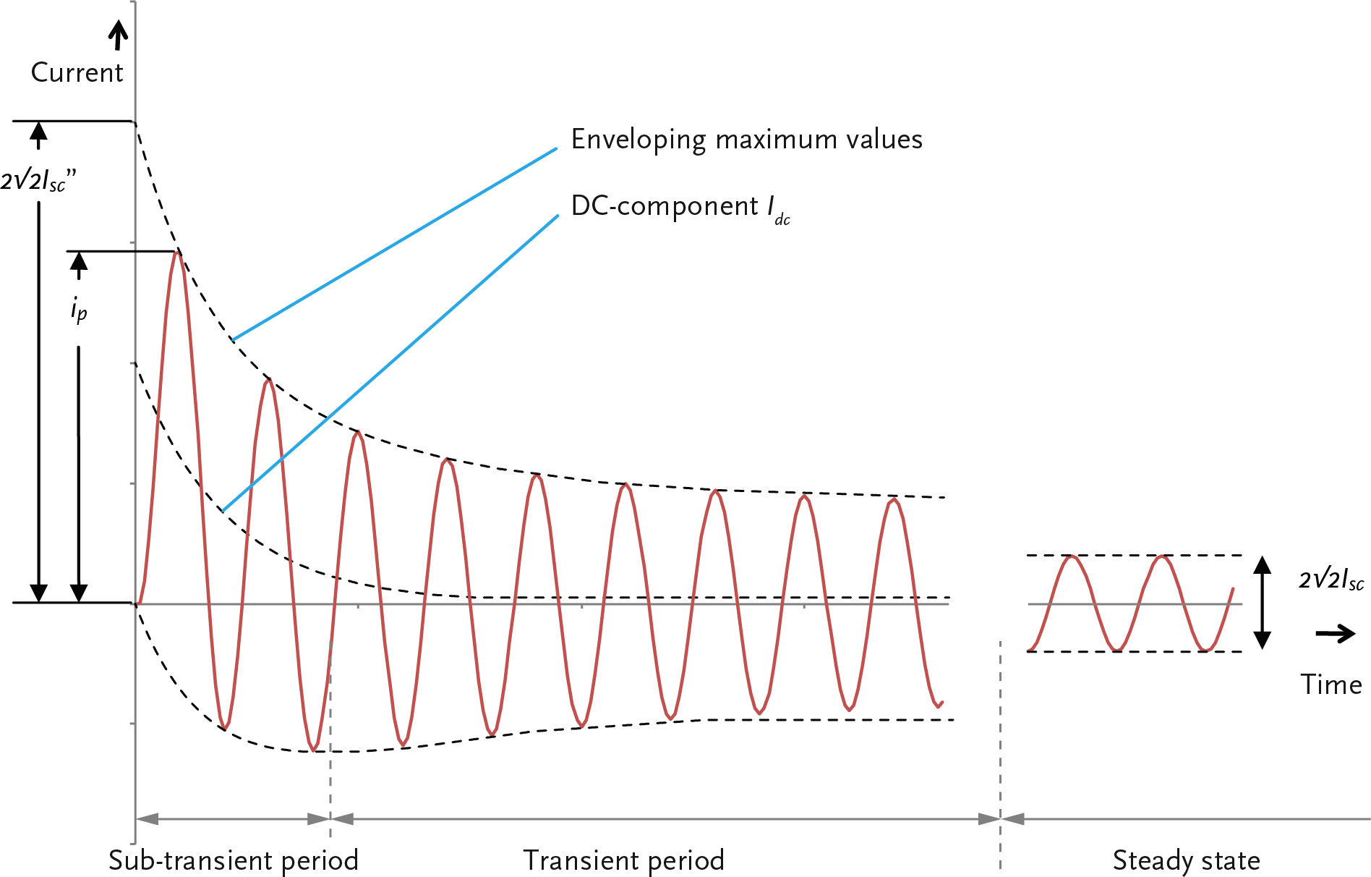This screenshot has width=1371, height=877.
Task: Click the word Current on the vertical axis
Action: tap(77, 72)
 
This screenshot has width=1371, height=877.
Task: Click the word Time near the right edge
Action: tap(1331, 685)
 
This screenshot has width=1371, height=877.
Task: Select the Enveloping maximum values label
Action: tap(746, 139)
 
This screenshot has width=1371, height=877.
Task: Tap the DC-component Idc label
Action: tap(680, 208)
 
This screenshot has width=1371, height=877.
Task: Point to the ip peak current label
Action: tap(79, 310)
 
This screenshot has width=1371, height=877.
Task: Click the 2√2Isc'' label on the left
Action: tap(38, 181)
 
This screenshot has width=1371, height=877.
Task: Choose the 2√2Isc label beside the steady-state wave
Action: tap(1331, 580)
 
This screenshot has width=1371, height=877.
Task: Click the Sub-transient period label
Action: tap(233, 860)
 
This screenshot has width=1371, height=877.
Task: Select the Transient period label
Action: tap(623, 860)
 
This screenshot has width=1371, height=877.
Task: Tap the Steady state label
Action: tap(1186, 860)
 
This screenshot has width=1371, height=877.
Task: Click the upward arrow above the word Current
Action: tap(118, 35)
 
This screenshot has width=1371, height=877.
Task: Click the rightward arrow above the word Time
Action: tap(1335, 634)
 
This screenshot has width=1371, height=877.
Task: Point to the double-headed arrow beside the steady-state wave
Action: tap(1262, 603)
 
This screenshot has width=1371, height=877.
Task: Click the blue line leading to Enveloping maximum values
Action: tap(395, 244)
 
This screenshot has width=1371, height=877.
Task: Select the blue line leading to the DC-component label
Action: tap(390, 363)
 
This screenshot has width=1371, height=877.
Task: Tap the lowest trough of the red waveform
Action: tap(313, 750)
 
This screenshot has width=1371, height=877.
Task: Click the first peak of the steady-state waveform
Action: tap(1072, 556)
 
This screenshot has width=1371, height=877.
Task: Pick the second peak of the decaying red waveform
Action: tap(268, 380)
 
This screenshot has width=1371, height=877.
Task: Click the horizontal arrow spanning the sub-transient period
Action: tap(233, 819)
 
